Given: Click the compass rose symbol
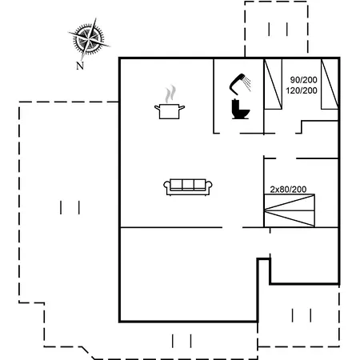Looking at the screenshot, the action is point(89,39).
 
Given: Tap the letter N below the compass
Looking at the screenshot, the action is point(80,66).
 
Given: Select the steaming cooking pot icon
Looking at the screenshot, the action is point(170,102).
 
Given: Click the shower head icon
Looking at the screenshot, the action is point(239,84).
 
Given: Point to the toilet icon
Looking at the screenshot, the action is point(240,109).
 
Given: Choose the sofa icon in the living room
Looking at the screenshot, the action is point(188,187).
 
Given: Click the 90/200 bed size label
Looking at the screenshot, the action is point(304,80).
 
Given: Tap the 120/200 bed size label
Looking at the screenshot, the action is point(302,90).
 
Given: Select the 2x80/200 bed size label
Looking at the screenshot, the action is point(288,190).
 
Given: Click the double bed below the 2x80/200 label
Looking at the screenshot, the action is point(290,210).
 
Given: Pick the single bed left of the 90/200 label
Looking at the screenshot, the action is point(273,84).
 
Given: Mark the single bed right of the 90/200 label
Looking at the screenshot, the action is point(330,84).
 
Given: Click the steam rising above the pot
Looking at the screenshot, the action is point(170,94).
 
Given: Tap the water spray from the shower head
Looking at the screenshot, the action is point(248,83).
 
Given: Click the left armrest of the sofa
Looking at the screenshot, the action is point(166,186).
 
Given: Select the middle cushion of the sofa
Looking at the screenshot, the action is point(188,185).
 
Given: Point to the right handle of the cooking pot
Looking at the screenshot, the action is point(182,108).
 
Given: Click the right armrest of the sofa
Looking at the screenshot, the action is point(209,186).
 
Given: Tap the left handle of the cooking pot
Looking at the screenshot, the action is point(158,108).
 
